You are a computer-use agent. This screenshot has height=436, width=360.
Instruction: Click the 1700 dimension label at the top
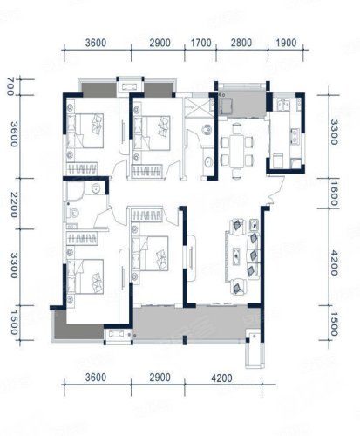click(x=200, y=43)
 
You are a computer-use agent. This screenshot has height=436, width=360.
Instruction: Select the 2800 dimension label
click(x=241, y=43)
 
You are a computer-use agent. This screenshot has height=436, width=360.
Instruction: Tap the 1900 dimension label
click(x=286, y=43)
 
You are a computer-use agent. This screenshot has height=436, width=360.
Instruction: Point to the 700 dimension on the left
click(x=10, y=86)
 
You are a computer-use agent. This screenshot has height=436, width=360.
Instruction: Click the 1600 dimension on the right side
click(x=334, y=194)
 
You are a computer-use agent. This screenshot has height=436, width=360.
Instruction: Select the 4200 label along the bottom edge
click(x=221, y=378)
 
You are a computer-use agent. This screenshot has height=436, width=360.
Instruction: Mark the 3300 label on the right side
click(x=334, y=133)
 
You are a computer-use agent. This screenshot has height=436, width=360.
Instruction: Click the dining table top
click(x=237, y=151)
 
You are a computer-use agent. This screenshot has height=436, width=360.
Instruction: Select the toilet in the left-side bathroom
click(x=72, y=214)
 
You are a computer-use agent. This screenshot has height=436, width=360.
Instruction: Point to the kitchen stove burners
click(x=295, y=136)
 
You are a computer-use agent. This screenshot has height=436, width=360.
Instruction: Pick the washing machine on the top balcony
click(x=226, y=106)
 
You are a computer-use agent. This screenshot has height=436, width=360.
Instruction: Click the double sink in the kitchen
click(x=283, y=105)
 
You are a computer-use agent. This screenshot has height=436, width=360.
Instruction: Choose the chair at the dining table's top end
click(x=237, y=128)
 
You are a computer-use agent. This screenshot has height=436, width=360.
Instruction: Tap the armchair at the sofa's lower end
click(x=238, y=287)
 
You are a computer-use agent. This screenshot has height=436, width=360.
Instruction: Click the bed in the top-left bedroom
click(x=85, y=131)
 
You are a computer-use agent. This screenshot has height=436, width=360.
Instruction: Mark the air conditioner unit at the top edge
click(x=130, y=86)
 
